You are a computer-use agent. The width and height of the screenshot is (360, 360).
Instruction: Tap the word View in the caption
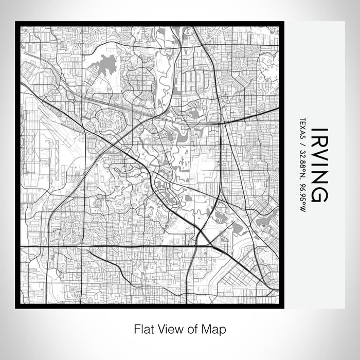click(x=167, y=328)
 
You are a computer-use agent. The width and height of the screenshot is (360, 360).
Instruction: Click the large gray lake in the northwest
click(x=105, y=65)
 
